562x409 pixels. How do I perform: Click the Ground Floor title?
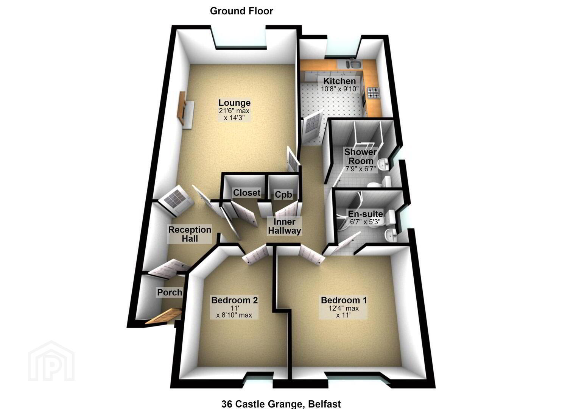[x=241, y=11]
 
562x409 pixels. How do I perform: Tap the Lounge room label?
[x=234, y=103]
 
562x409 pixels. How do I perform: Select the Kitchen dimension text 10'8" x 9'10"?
[x=340, y=89]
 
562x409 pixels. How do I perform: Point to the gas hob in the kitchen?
[x=374, y=93]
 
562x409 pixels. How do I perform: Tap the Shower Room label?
[x=361, y=156]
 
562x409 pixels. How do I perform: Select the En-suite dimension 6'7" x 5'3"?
[x=365, y=222]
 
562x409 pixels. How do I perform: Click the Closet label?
[x=247, y=193]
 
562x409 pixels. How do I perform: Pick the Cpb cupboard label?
[x=283, y=195]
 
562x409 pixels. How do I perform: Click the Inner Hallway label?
[x=285, y=226]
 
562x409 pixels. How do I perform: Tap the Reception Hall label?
[x=190, y=234]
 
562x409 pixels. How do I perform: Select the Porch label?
[x=169, y=292]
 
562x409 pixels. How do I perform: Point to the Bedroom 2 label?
[x=234, y=300]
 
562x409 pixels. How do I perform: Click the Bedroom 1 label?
[x=344, y=300]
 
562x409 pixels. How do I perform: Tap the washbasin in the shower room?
[x=383, y=164]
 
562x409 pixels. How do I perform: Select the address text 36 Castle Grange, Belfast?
[x=281, y=404]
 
